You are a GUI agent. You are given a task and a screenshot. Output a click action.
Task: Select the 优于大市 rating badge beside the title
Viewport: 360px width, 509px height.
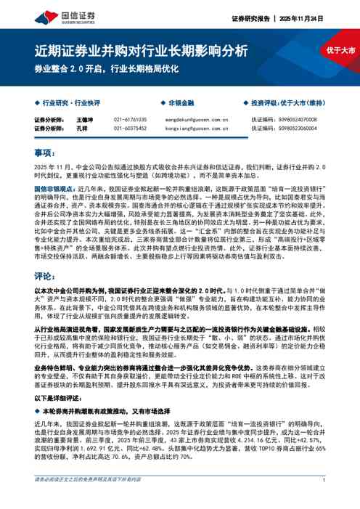340,50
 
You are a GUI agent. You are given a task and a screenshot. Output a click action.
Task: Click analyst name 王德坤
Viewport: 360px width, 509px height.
85,119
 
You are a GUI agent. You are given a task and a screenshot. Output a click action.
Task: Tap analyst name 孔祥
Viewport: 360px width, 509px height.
81,128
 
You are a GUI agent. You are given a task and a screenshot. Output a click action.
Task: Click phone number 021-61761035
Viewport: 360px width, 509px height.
130,119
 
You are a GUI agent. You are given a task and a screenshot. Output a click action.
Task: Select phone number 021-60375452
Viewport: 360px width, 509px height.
130,128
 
